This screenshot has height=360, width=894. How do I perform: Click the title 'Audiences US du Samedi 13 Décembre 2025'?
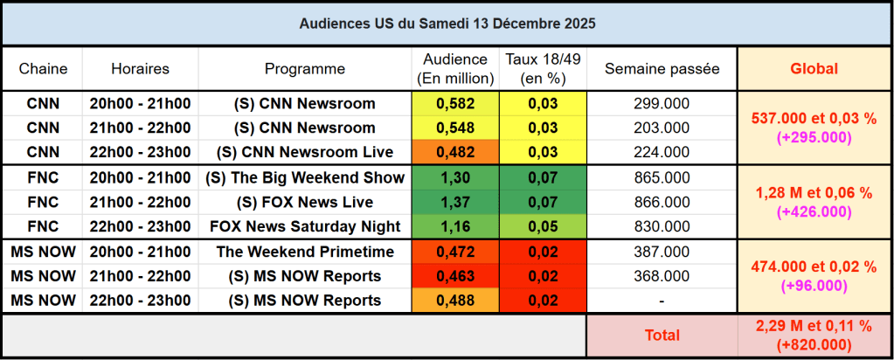(x=447, y=24)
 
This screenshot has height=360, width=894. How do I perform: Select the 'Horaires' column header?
(x=140, y=68)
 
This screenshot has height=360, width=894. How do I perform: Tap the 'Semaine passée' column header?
(x=662, y=68)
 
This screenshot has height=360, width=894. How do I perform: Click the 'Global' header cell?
(x=814, y=68)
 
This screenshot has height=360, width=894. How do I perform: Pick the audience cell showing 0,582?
(x=454, y=104)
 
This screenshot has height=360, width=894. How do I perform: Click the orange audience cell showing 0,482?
(x=454, y=153)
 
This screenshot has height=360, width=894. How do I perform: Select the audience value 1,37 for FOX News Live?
(x=454, y=203)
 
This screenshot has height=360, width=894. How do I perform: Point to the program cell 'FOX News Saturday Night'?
(x=305, y=227)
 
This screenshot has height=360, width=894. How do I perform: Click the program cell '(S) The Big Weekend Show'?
(x=305, y=178)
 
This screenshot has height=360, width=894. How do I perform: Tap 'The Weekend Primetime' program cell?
(x=305, y=253)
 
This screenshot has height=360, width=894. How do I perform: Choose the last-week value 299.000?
(x=662, y=104)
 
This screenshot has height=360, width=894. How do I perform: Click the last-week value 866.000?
(x=662, y=203)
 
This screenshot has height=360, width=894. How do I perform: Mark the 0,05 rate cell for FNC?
(x=543, y=227)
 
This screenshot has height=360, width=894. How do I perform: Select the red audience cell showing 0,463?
(x=454, y=277)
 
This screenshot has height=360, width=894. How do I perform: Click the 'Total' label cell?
(x=662, y=335)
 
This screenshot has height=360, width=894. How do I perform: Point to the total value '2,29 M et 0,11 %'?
(x=814, y=326)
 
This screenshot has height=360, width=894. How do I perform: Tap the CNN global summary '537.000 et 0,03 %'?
(x=814, y=120)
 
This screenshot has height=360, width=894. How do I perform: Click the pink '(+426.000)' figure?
(x=814, y=211)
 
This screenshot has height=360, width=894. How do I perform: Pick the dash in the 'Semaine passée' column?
(x=662, y=301)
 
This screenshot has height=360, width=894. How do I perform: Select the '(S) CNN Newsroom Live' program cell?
(x=305, y=153)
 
